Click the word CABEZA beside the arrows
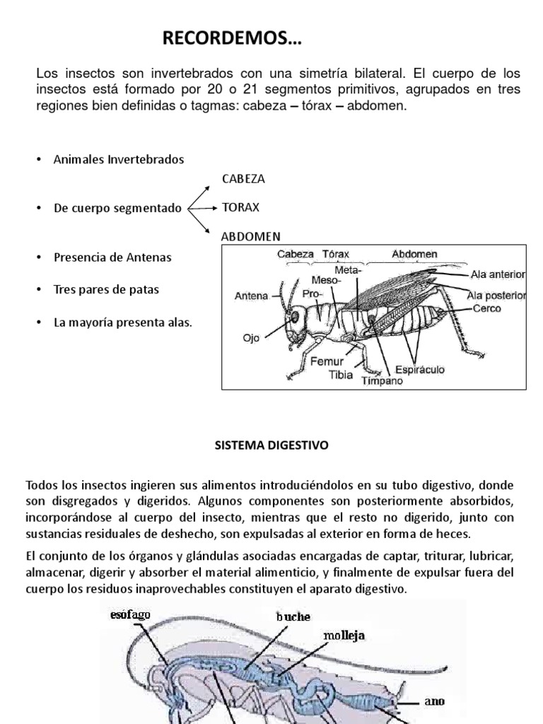(243, 179)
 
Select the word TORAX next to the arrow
(240, 208)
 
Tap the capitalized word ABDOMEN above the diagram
(251, 236)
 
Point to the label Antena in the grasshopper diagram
(251, 296)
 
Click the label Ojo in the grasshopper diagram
(252, 339)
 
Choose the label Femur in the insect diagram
(327, 361)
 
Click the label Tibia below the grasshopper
(340, 375)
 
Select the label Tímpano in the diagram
(382, 381)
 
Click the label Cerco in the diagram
(488, 309)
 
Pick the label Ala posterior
(496, 295)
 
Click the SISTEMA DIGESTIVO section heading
(271, 446)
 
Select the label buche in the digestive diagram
(293, 617)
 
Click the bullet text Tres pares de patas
(106, 289)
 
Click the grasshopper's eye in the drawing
(292, 319)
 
